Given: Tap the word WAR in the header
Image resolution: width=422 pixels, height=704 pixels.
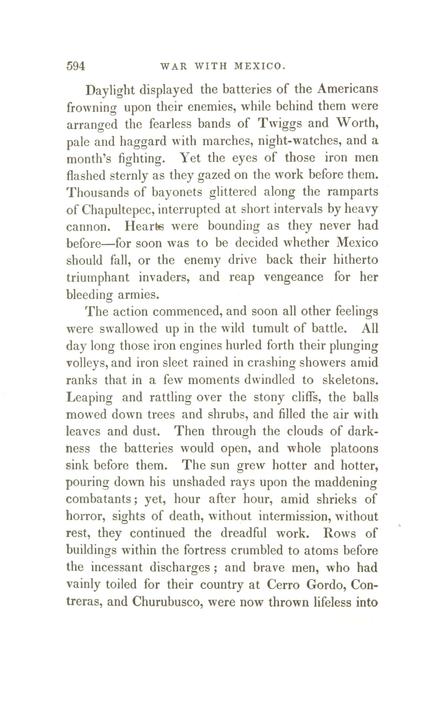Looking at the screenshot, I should click(x=173, y=67).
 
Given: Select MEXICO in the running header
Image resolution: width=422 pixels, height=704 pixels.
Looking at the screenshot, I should click(x=258, y=67).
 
